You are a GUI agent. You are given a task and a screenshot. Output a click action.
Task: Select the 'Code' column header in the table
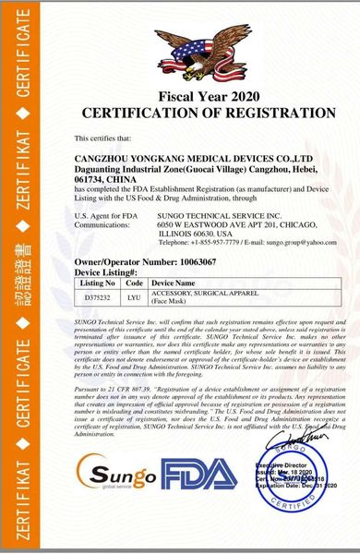coord(133,283)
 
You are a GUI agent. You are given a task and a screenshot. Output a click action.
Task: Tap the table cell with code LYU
coord(133,297)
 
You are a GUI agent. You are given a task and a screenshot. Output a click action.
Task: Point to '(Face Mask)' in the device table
coord(170,302)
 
